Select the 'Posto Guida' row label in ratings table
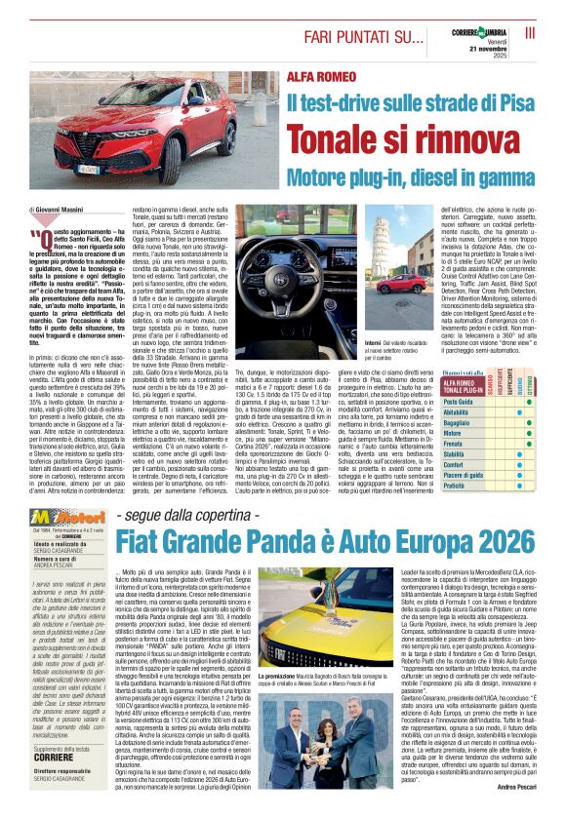point(458,402)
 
